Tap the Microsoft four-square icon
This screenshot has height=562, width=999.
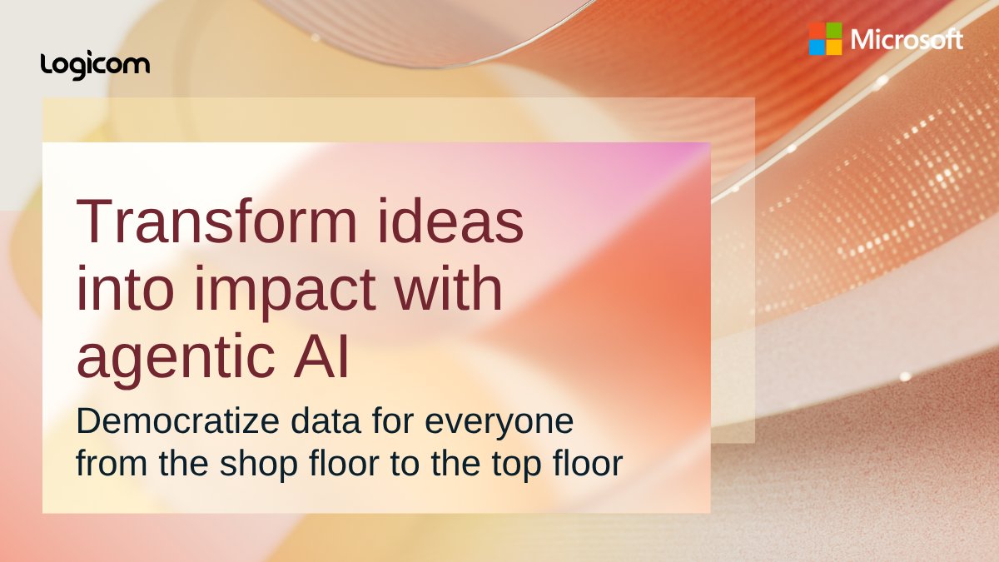825,39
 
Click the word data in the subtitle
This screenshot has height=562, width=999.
315,422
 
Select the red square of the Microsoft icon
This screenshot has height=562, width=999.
817,31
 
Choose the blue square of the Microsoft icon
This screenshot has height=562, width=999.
817,47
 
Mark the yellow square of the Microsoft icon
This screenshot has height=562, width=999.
833,47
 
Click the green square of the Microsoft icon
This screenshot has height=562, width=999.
833,31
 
